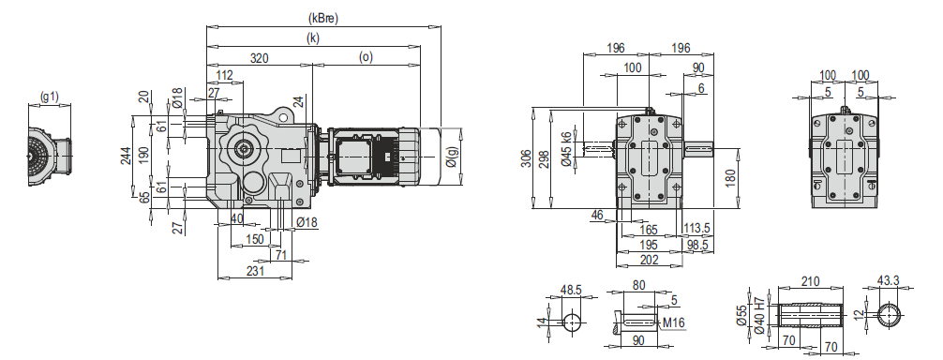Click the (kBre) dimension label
click(x=323, y=18)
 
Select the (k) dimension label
click(x=313, y=37)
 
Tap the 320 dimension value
click(x=260, y=58)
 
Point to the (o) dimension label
click(x=366, y=57)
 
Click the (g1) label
click(x=50, y=97)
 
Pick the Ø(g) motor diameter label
click(x=452, y=158)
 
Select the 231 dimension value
click(x=255, y=271)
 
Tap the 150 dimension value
click(x=255, y=239)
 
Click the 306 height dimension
click(x=526, y=158)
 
